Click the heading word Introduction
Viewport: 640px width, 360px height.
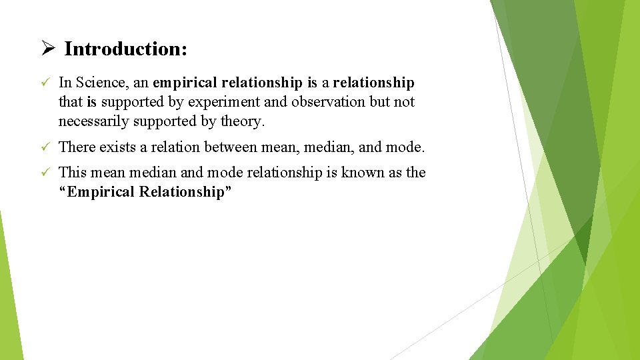click(x=125, y=49)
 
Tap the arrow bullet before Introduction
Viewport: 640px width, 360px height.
click(x=46, y=49)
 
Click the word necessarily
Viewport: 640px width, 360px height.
click(x=93, y=122)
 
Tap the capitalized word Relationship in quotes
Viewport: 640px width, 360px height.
click(x=190, y=192)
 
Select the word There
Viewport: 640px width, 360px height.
click(x=77, y=147)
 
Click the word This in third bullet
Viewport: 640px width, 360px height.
click(x=73, y=172)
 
